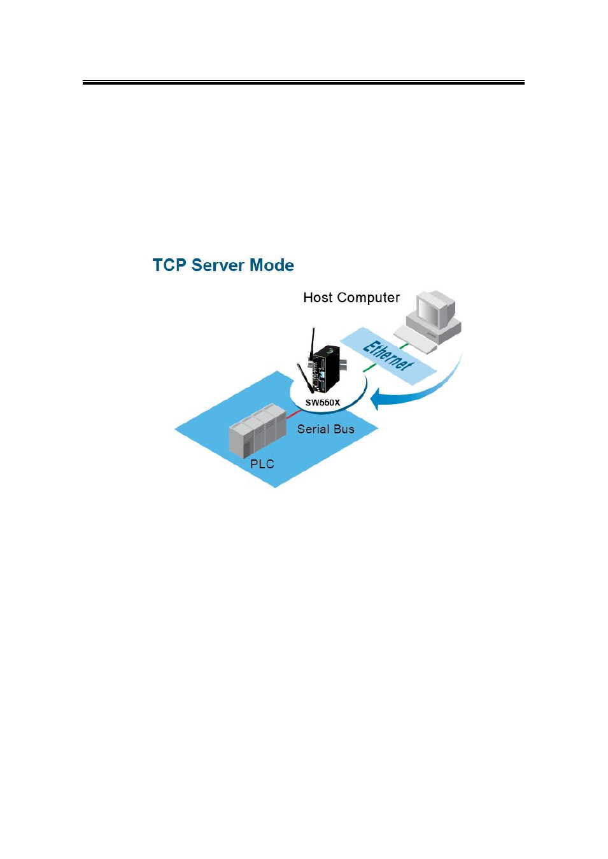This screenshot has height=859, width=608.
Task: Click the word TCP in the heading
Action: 169,265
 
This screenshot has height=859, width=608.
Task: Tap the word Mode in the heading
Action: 272,265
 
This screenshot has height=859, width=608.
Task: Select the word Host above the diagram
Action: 318,298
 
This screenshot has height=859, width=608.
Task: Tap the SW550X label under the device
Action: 323,403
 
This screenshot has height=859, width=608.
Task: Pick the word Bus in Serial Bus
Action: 344,429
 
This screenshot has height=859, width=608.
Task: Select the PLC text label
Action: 262,464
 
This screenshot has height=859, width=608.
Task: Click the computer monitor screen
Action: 428,311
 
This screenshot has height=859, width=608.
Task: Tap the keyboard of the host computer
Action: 415,339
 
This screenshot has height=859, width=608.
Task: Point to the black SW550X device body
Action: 326,368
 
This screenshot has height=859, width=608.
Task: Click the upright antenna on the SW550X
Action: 312,344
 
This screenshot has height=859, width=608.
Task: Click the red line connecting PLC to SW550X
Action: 294,414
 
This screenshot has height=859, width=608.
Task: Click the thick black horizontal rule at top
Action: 304,83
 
